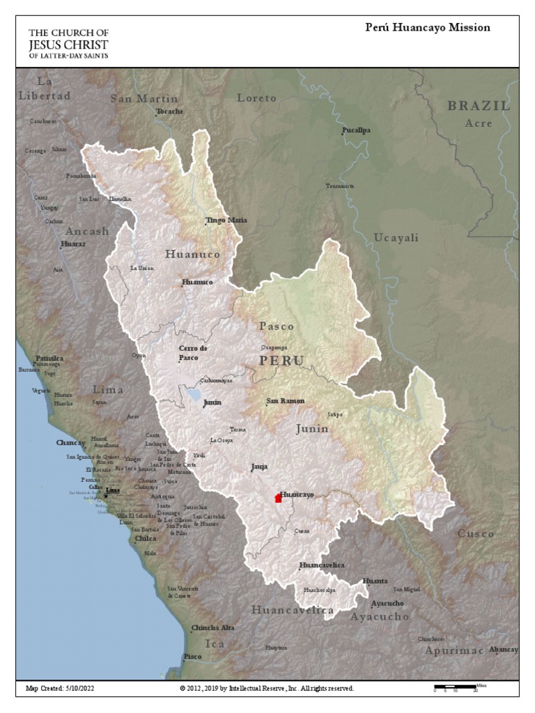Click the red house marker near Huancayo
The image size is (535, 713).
[x=279, y=497]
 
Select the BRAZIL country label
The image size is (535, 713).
[x=479, y=107]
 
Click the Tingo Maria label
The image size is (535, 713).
[x=226, y=220]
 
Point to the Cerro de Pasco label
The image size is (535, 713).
[x=193, y=352]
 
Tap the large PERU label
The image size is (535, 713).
[x=281, y=361]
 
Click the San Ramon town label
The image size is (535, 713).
[x=286, y=402]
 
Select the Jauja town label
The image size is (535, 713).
[x=259, y=467]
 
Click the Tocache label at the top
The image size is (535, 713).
[x=170, y=111]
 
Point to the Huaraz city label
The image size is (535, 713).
[x=73, y=244]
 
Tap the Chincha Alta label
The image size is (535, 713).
[x=212, y=627]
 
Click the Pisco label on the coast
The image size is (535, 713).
[x=192, y=657]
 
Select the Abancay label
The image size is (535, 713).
[x=504, y=650]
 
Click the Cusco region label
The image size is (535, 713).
[x=476, y=534]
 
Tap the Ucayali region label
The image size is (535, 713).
[x=396, y=237]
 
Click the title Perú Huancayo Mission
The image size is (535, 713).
[x=428, y=28]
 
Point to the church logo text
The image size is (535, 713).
[x=68, y=43]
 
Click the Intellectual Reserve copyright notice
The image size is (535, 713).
[x=267, y=688]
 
